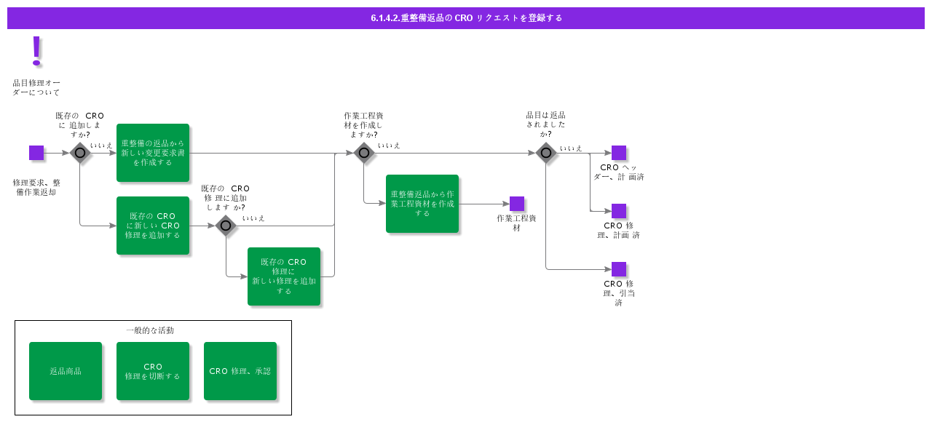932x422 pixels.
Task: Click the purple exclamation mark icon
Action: pos(36,51)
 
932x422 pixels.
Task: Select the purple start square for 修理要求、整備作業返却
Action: pos(36,153)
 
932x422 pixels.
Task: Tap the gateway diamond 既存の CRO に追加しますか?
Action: pos(80,153)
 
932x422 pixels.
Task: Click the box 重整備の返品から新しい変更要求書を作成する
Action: pos(153,153)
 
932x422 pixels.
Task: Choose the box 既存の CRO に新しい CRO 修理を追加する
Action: pos(153,226)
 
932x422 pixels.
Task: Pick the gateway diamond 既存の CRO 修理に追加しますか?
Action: pos(226,226)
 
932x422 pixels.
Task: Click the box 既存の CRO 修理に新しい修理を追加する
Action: pos(284,276)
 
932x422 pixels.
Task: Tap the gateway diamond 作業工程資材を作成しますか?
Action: pos(364,153)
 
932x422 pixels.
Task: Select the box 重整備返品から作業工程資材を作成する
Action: pos(422,204)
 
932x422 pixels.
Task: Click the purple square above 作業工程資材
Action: pos(517,204)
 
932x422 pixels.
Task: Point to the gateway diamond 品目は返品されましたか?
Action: pos(546,153)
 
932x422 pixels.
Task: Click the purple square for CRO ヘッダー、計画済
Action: pos(619,153)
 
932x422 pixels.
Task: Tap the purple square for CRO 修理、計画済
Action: pos(619,211)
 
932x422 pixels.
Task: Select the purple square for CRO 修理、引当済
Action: pos(619,269)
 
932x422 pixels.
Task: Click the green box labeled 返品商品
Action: pos(66,371)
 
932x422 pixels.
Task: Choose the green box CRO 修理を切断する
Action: pos(153,371)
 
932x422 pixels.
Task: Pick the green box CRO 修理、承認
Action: pos(240,371)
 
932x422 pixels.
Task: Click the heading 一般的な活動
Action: pos(150,330)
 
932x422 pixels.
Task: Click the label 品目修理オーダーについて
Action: pos(36,87)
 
